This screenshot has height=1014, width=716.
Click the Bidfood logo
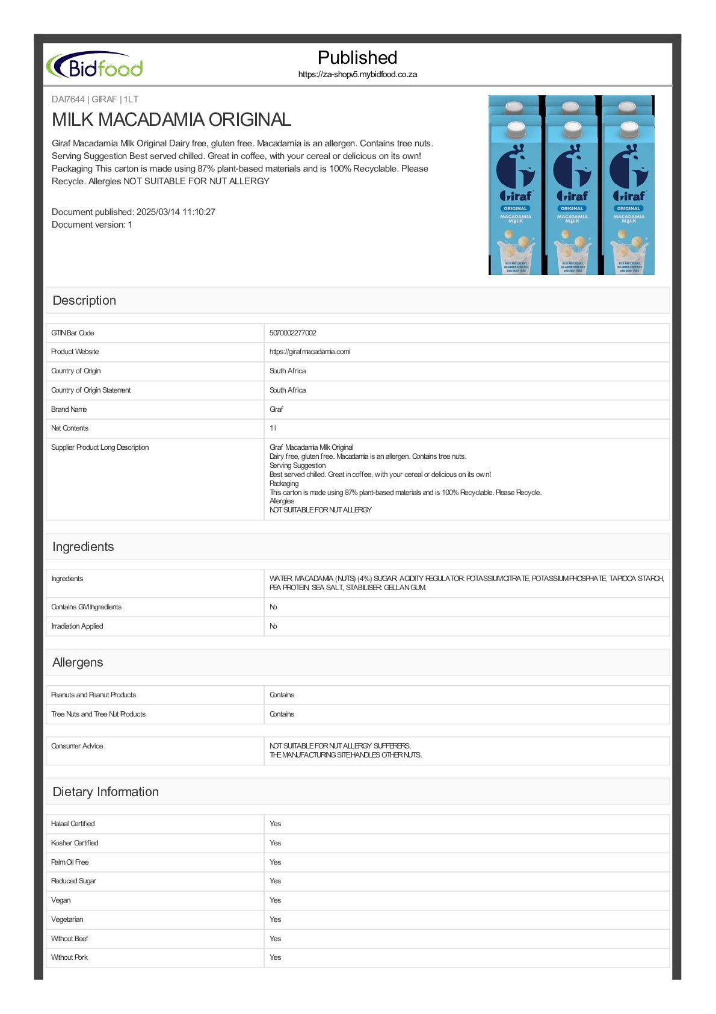click(95, 66)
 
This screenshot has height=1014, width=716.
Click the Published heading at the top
click(357, 58)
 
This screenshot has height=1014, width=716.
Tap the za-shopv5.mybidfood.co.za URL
click(357, 75)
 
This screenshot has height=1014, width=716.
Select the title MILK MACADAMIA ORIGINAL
click(171, 119)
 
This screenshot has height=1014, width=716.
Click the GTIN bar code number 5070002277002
click(293, 333)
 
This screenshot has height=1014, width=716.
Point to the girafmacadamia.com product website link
click(310, 352)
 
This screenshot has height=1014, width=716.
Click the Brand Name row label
click(69, 409)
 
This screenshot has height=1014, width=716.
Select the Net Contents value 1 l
click(273, 428)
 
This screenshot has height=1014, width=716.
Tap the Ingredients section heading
click(83, 547)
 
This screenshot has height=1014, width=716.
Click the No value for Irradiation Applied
click(273, 626)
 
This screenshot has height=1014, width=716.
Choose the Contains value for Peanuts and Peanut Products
click(282, 695)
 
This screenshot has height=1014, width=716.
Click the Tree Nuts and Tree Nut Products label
click(99, 714)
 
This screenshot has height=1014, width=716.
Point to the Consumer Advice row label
click(77, 746)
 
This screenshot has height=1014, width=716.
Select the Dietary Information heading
click(106, 792)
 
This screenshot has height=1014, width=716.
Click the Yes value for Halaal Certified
click(275, 824)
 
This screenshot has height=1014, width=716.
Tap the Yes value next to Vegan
click(275, 900)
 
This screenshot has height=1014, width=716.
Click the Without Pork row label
click(70, 957)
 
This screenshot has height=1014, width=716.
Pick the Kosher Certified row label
click(75, 843)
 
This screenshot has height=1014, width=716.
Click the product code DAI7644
click(68, 99)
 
